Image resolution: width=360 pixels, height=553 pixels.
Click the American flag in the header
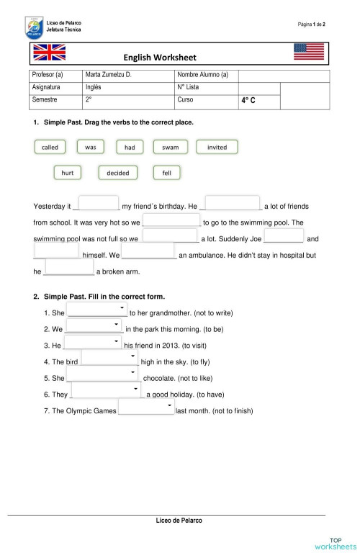point(309,52)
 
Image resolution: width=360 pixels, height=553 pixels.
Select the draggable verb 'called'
point(50,147)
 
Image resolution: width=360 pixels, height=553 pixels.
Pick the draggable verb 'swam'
point(170,147)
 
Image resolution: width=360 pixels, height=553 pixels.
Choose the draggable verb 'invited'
point(217,147)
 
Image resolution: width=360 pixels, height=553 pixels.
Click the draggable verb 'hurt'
point(68,173)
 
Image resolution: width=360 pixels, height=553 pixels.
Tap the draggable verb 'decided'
point(117,173)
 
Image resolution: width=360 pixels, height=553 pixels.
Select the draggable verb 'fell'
point(166,173)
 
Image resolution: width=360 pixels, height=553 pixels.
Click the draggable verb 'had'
point(130,147)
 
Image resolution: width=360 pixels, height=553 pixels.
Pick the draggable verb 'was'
point(90,147)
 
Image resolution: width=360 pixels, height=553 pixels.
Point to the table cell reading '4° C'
point(249,102)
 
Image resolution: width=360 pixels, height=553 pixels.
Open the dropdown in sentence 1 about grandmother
point(96,310)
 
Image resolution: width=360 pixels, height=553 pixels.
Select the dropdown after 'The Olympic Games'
point(146,408)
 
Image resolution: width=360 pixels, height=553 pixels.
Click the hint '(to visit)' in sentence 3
point(189,346)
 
